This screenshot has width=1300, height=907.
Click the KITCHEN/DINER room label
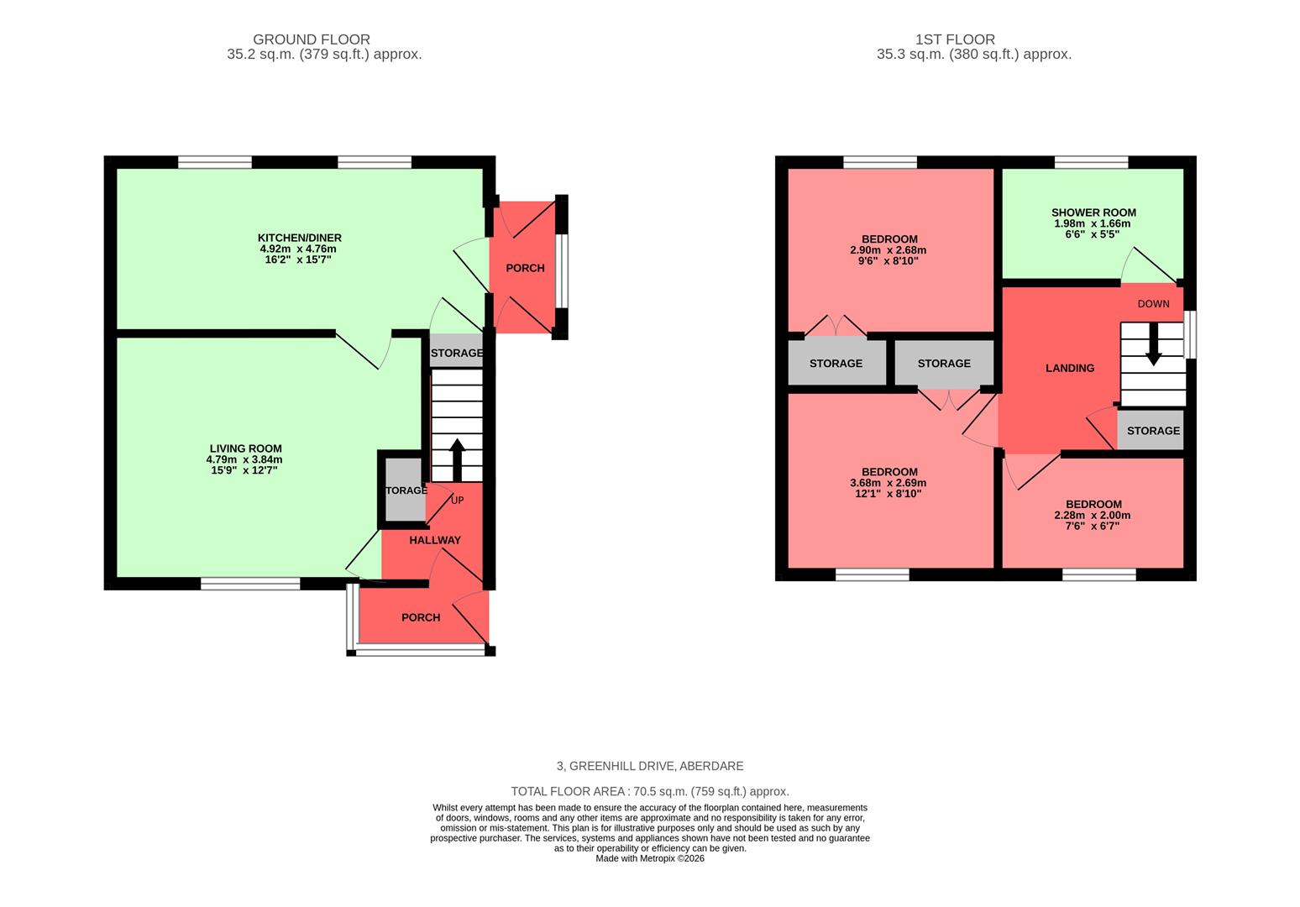click(299, 238)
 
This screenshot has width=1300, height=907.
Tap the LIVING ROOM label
click(245, 448)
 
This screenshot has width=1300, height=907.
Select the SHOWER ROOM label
click(1093, 212)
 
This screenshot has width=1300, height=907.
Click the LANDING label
click(1069, 368)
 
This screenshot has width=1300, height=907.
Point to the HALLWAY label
click(434, 540)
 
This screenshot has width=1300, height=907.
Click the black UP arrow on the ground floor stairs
click(457, 459)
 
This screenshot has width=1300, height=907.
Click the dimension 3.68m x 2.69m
click(889, 483)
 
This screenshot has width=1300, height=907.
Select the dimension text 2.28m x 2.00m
click(1093, 515)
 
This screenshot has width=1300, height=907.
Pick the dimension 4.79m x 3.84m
click(244, 459)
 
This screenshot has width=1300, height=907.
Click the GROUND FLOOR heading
click(311, 39)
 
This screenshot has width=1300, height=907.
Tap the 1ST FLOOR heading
click(955, 39)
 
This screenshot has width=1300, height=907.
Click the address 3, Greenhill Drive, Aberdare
click(649, 766)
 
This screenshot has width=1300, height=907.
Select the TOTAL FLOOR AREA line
click(649, 791)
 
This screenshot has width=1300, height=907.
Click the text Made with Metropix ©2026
click(649, 858)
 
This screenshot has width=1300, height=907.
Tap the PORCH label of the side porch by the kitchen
click(525, 268)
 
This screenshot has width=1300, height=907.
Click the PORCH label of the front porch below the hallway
click(420, 617)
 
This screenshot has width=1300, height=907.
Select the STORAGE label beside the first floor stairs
click(1152, 430)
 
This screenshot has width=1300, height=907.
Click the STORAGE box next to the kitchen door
click(456, 353)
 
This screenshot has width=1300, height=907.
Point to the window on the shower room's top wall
click(1091, 162)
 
